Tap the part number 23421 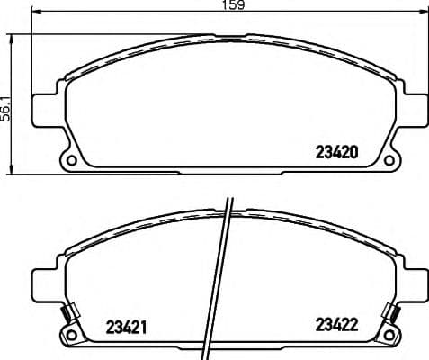click(127, 325)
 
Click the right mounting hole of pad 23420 click(389, 162)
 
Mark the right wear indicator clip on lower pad click(393, 314)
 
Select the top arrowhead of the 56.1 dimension click(12, 39)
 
